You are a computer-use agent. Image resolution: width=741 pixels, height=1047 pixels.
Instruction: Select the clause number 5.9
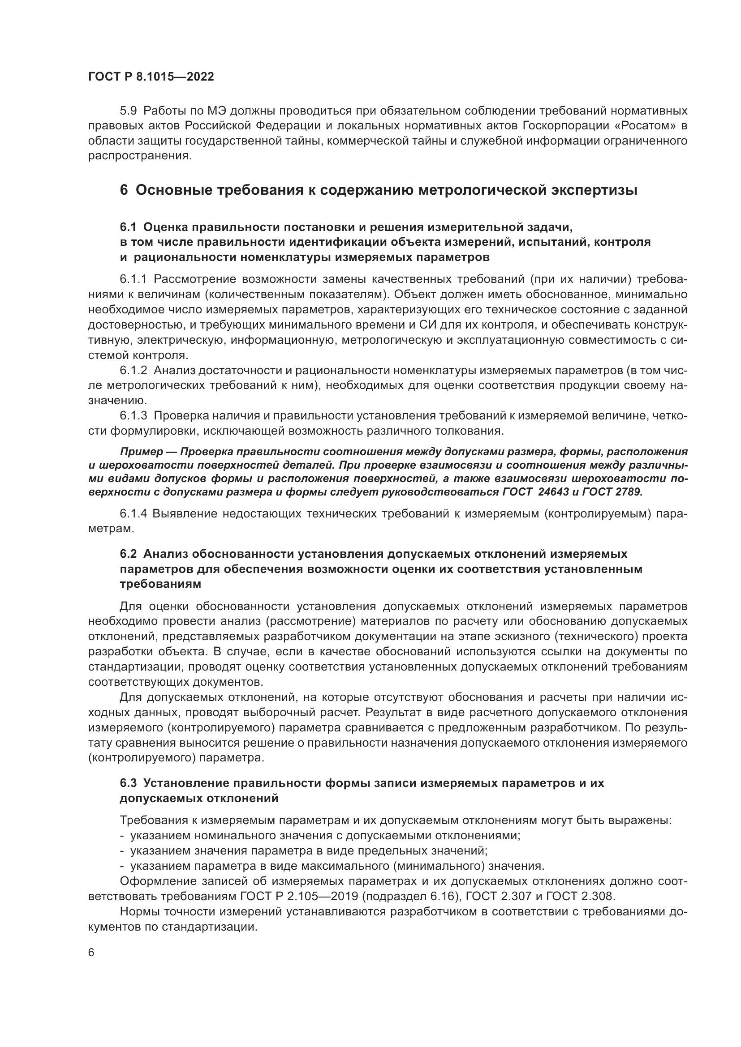pos(128,111)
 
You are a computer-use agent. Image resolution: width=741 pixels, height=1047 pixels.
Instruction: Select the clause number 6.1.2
pos(133,369)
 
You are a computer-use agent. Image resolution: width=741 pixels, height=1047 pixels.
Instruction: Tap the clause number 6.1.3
pos(133,415)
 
